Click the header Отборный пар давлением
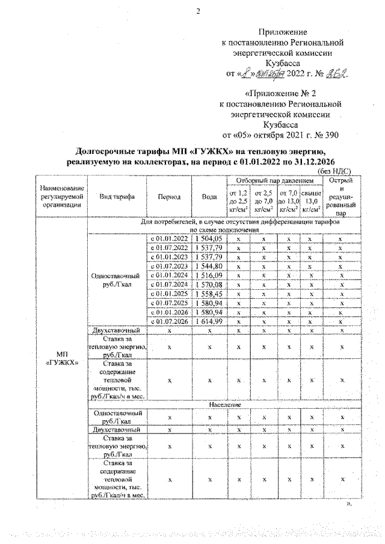(x=274, y=180)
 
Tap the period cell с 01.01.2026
(x=169, y=313)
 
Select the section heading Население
(x=225, y=405)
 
